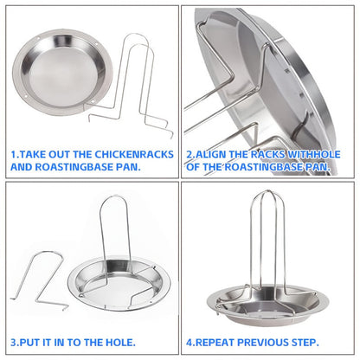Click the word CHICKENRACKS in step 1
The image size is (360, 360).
134,154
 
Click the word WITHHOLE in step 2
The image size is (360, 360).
314,154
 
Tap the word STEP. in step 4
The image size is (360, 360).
305,343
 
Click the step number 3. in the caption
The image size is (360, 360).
15,343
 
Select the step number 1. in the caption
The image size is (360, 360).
15,154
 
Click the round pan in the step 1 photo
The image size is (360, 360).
62,72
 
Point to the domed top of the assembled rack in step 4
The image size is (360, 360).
267,191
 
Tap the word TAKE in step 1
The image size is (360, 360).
32,154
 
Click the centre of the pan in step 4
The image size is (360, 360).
267,307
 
